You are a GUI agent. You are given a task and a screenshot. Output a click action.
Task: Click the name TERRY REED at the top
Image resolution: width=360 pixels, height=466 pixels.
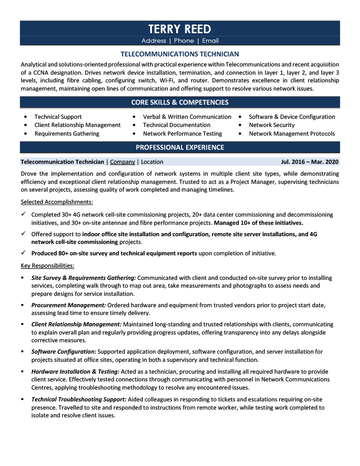pyautogui.click(x=180, y=29)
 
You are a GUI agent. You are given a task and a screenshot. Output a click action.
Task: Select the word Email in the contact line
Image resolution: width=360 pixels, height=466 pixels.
pyautogui.click(x=210, y=41)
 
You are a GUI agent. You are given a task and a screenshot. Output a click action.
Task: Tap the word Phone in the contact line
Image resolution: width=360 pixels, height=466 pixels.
pyautogui.click(x=184, y=41)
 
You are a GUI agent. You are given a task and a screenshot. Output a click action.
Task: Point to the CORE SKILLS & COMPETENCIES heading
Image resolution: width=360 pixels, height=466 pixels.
pyautogui.click(x=180, y=102)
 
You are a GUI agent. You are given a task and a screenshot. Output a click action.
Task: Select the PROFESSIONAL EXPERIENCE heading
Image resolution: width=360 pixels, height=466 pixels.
pyautogui.click(x=180, y=147)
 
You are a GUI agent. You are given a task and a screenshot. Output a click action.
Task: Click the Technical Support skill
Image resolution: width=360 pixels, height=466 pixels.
pyautogui.click(x=58, y=117)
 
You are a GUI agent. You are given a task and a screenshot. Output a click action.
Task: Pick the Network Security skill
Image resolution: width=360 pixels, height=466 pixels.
pyautogui.click(x=271, y=125)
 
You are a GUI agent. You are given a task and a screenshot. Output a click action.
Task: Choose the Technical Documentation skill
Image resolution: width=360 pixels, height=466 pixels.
pyautogui.click(x=177, y=125)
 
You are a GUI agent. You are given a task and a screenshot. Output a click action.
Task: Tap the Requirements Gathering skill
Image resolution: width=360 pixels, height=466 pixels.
pyautogui.click(x=66, y=134)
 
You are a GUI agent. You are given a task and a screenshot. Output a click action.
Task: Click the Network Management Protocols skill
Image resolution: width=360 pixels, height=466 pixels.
pyautogui.click(x=291, y=134)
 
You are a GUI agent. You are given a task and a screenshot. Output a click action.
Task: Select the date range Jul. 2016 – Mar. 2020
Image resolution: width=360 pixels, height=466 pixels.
pyautogui.click(x=309, y=162)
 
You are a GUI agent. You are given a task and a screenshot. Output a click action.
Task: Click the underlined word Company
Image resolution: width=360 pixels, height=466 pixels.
pyautogui.click(x=122, y=162)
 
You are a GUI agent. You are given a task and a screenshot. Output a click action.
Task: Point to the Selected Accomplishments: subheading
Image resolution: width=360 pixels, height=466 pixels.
pyautogui.click(x=57, y=202)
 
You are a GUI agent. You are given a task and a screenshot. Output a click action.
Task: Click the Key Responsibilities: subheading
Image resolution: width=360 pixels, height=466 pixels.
pyautogui.click(x=48, y=265)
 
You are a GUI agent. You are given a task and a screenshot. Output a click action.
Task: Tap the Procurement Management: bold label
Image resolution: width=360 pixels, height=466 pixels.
pyautogui.click(x=68, y=305)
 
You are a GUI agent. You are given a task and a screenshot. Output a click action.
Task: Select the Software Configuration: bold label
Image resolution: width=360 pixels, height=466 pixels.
pyautogui.click(x=63, y=352)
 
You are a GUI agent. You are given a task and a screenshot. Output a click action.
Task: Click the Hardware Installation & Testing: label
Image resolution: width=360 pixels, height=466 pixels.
pyautogui.click(x=75, y=372)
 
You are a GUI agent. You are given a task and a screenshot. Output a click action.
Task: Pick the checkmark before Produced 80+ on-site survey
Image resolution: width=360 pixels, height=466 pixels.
pyautogui.click(x=23, y=253)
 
